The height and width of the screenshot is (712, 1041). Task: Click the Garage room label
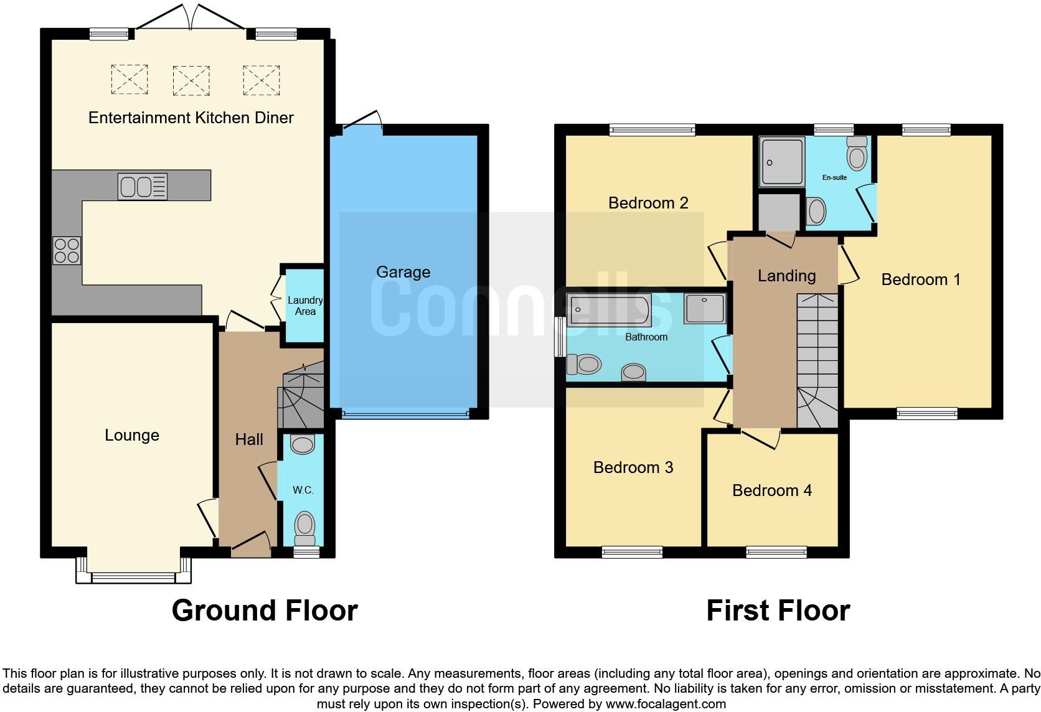pyautogui.click(x=403, y=272)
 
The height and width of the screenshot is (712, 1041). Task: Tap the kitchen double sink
pyautogui.click(x=143, y=186)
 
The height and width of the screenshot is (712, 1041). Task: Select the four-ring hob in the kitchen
pyautogui.click(x=67, y=251)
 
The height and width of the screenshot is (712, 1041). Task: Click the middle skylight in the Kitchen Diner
pyautogui.click(x=191, y=80)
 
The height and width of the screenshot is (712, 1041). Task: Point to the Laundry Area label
pyautogui.click(x=305, y=306)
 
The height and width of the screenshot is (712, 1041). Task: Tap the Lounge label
pyautogui.click(x=132, y=435)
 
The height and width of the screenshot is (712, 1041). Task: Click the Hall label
pyautogui.click(x=249, y=439)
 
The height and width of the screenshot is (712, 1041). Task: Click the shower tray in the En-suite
pyautogui.click(x=782, y=162)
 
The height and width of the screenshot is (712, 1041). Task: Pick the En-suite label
pyautogui.click(x=834, y=177)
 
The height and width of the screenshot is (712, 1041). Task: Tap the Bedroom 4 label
pyautogui.click(x=772, y=490)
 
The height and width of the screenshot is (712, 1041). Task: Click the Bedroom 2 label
pyautogui.click(x=648, y=203)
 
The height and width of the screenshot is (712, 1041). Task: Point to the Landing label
pyautogui.click(x=786, y=276)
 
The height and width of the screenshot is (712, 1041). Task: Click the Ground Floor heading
pyautogui.click(x=265, y=611)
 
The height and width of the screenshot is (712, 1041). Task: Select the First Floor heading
pyautogui.click(x=778, y=611)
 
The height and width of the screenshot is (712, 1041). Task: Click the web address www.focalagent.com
pyautogui.click(x=666, y=704)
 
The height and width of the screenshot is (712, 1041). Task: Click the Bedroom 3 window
pyautogui.click(x=632, y=551)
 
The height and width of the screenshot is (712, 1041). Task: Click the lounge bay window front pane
pyautogui.click(x=133, y=578)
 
